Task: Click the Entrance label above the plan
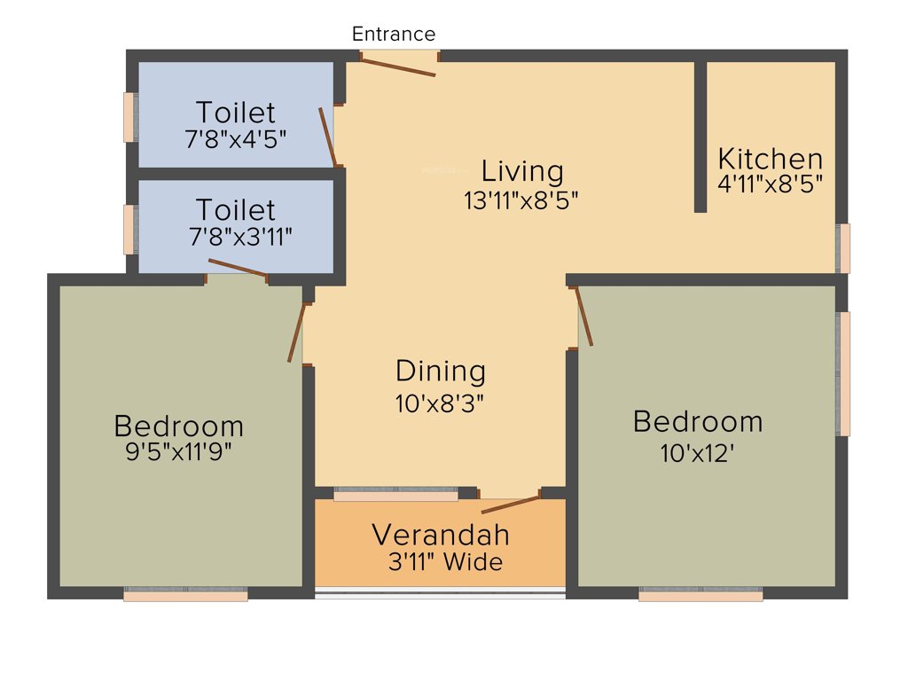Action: [394, 35]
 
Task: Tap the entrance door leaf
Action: [398, 67]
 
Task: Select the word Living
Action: [522, 170]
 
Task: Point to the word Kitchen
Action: [770, 160]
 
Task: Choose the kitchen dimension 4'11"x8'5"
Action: [770, 184]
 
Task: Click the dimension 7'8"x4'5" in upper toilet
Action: [235, 139]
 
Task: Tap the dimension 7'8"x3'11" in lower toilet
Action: [240, 237]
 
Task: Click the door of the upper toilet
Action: [327, 137]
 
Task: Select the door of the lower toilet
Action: [238, 268]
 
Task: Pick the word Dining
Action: [441, 371]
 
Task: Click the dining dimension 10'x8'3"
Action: [441, 403]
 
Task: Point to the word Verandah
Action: [441, 536]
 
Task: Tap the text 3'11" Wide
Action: [445, 562]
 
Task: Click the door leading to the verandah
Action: [510, 505]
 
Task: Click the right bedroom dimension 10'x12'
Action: [698, 453]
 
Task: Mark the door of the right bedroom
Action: [584, 315]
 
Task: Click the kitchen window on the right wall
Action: [844, 248]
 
